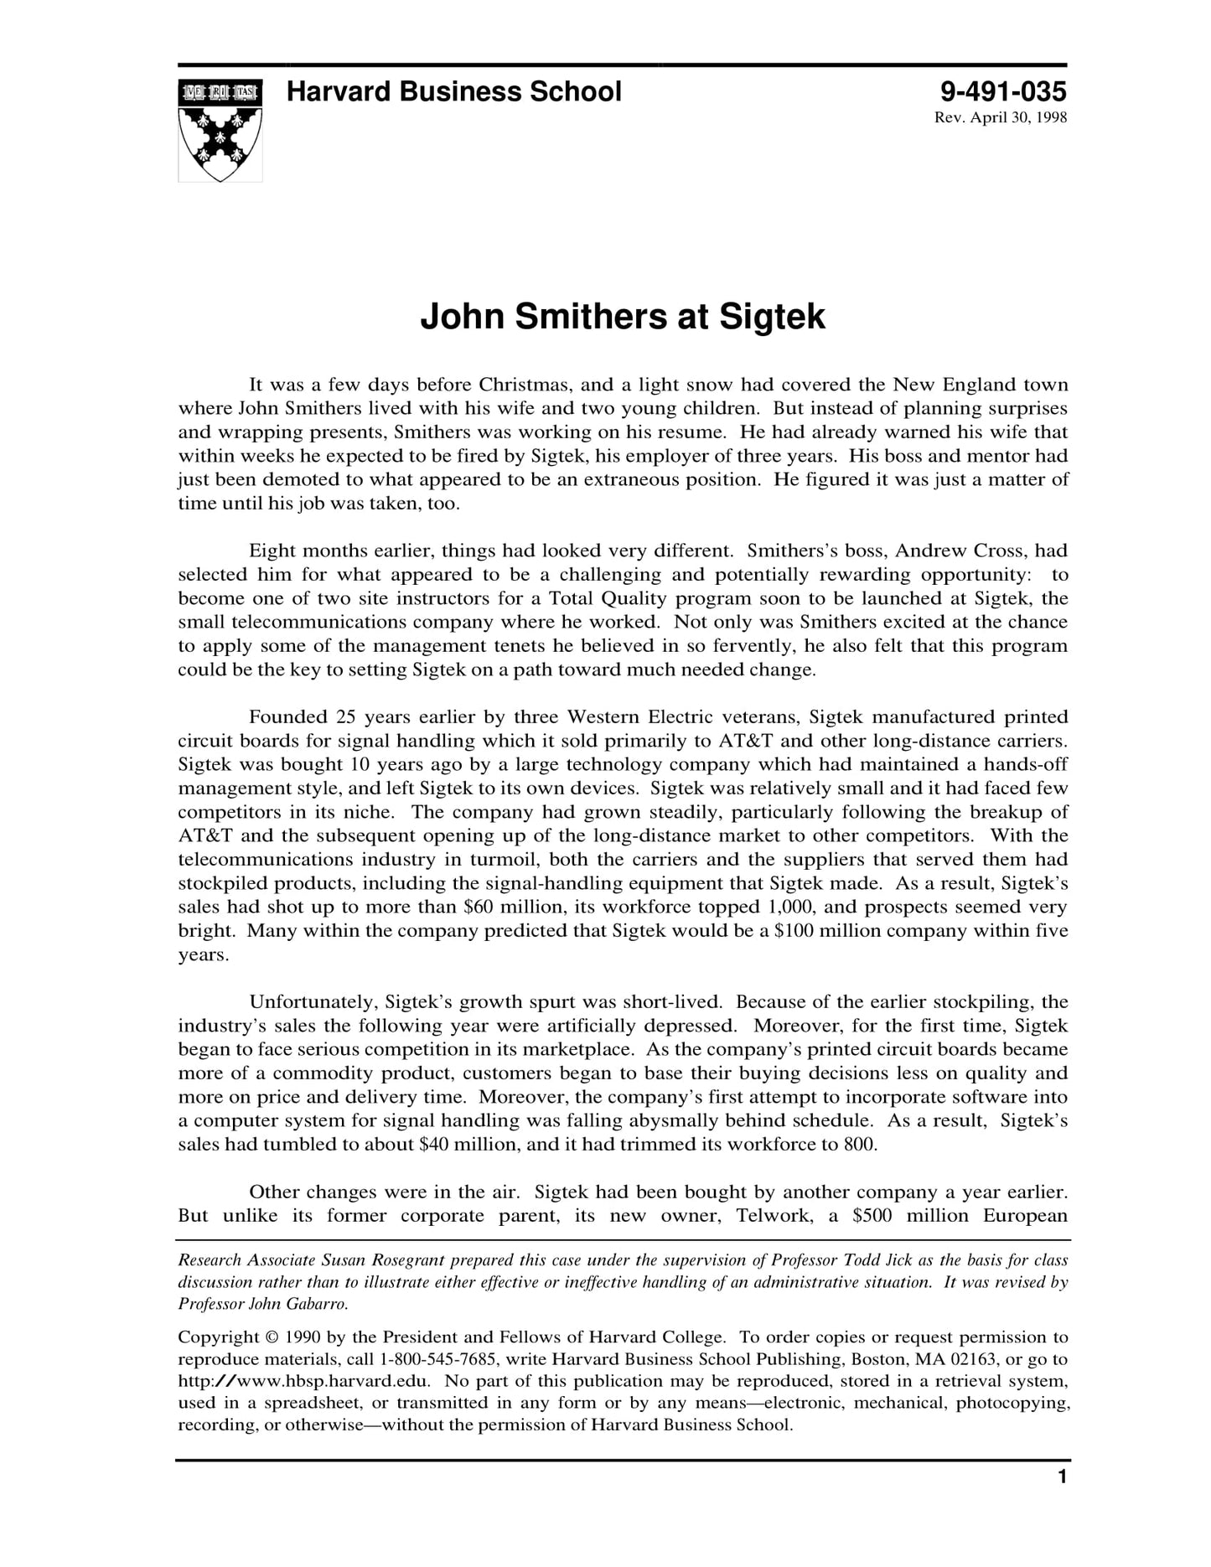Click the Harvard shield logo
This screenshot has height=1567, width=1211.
[x=220, y=130]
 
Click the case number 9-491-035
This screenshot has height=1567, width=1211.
[x=1003, y=91]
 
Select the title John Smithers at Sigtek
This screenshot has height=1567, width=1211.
[x=622, y=317]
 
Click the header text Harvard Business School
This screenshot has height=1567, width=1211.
[x=453, y=91]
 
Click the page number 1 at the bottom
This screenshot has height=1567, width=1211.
[x=1062, y=1477]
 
